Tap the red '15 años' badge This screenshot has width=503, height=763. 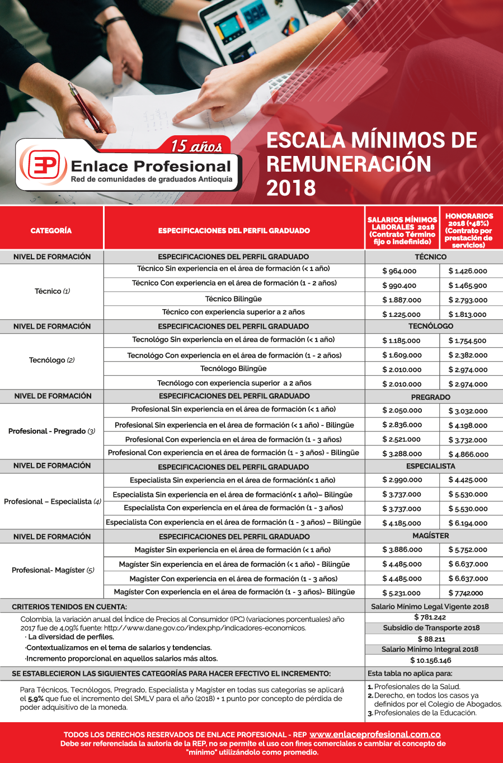coord(197,146)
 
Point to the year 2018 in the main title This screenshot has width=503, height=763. coord(291,188)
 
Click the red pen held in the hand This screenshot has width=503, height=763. coord(86,106)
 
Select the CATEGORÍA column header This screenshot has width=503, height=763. coord(51,230)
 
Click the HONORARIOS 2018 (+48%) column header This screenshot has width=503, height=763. coord(469,230)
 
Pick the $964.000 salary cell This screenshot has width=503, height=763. coord(399,271)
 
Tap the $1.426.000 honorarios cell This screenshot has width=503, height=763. coord(468,271)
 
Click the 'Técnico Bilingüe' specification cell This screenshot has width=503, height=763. coord(233,299)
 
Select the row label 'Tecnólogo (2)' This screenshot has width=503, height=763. coord(51,360)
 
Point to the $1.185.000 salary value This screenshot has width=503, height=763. coord(401,340)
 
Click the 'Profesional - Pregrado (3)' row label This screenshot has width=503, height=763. coord(51,431)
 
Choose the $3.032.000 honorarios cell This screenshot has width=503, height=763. coord(468,411)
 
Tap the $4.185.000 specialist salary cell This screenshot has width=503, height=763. coord(402,523)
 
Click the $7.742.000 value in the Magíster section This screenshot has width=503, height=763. coord(466,593)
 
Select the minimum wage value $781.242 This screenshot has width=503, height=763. coord(430,617)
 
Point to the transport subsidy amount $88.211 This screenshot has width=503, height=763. coord(431,639)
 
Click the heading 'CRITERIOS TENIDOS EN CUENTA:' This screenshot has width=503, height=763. coord(69,606)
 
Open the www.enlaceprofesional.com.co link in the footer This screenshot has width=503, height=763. coord(375,734)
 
